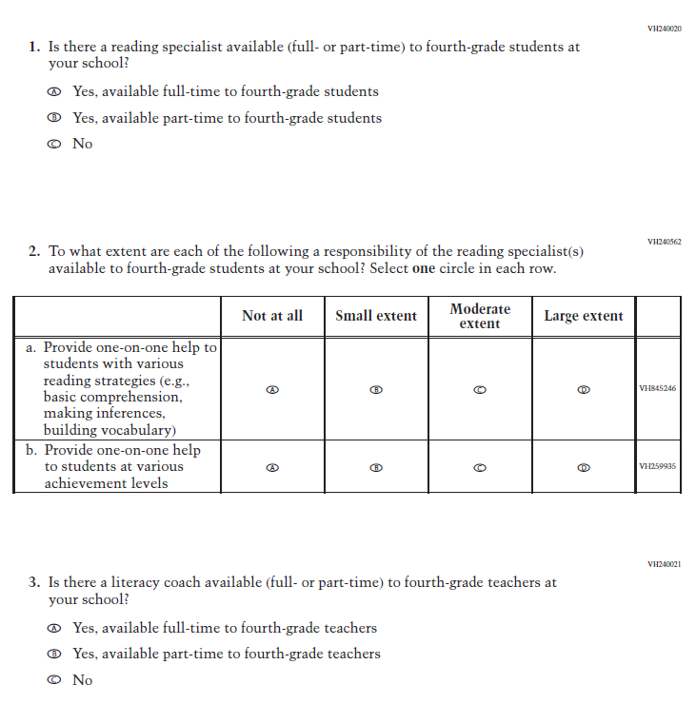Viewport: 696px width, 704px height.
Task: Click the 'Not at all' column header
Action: tap(272, 316)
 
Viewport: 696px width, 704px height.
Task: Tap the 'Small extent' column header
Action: tap(376, 316)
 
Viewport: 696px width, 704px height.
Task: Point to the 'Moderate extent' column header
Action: tap(480, 316)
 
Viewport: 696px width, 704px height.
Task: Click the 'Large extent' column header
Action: tap(584, 316)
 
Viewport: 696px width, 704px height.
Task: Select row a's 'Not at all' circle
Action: tap(272, 389)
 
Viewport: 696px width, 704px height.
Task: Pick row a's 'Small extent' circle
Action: tap(376, 389)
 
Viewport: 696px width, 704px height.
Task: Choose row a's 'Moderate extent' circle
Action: tap(480, 389)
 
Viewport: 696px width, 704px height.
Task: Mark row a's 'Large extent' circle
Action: tap(584, 389)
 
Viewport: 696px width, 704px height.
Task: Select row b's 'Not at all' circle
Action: tap(272, 467)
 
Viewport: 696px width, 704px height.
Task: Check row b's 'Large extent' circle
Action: tap(584, 467)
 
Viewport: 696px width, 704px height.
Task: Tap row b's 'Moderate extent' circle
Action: tap(480, 467)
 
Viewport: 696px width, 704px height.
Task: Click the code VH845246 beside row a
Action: tap(658, 389)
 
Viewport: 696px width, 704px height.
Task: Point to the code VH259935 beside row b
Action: tap(658, 467)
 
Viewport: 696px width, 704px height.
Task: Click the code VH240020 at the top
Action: tap(664, 29)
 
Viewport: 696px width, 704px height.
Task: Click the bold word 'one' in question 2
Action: tap(422, 269)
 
